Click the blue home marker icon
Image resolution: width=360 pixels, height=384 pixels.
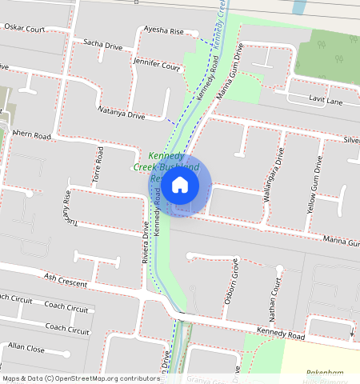pyautogui.click(x=180, y=185)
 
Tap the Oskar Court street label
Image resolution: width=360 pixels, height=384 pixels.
pyautogui.click(x=23, y=29)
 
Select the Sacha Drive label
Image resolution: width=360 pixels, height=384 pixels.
pyautogui.click(x=102, y=46)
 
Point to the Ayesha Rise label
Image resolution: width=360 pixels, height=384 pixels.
pyautogui.click(x=164, y=31)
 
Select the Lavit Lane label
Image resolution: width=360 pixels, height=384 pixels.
pyautogui.click(x=326, y=102)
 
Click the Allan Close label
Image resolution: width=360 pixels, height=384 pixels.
pyautogui.click(x=26, y=347)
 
